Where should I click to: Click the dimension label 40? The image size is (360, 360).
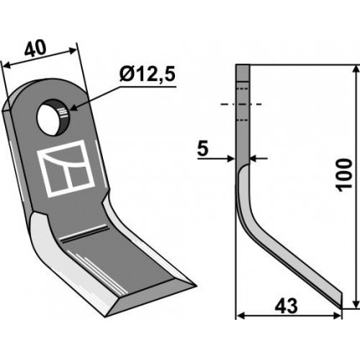pos(36,49)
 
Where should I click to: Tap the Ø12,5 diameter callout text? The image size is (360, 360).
pos(147,75)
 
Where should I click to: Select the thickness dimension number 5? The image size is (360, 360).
pos(203,149)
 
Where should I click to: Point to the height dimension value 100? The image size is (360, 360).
pos(344,175)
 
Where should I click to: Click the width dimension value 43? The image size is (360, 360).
pos(286,306)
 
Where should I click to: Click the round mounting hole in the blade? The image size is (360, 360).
pos(53,117)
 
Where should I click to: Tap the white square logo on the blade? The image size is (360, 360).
pos(66,168)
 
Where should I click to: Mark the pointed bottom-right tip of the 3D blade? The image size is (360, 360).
pos(196,285)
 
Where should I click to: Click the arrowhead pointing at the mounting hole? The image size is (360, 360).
pos(74,107)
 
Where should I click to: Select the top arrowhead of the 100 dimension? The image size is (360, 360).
pos(356,69)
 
